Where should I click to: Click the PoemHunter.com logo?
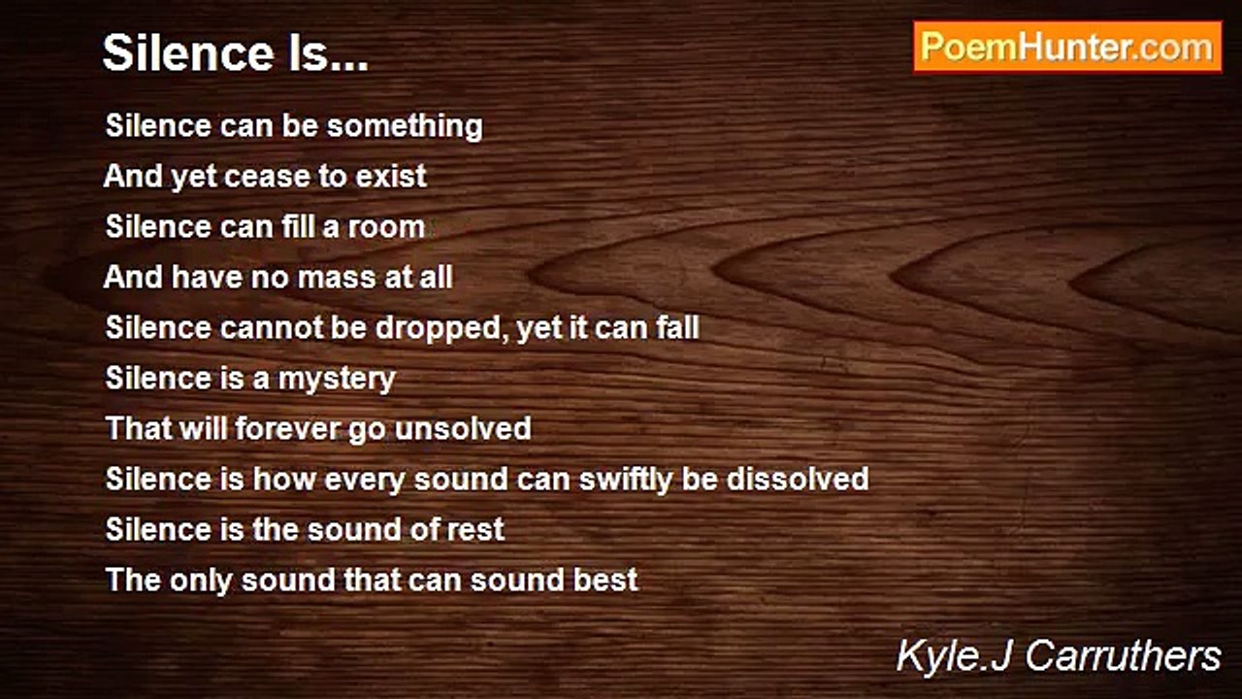(1067, 48)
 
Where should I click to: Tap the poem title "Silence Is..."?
(236, 53)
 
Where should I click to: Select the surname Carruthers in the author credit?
(1123, 656)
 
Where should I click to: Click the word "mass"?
(333, 278)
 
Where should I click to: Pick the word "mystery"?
(337, 379)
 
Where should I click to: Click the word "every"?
(357, 480)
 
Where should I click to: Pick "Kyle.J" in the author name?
(956, 656)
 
